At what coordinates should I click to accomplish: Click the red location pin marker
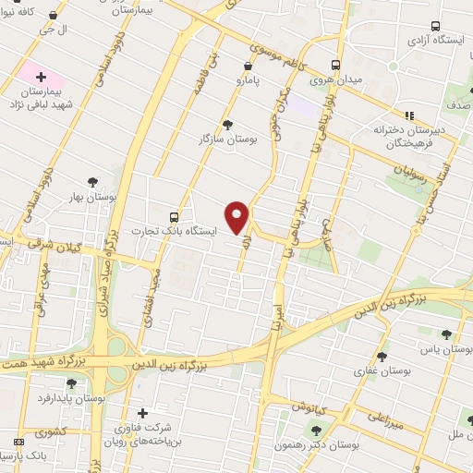(237, 217)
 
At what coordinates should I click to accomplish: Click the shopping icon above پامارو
(247, 67)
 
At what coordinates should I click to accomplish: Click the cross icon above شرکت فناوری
(140, 413)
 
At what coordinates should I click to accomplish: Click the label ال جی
(47, 30)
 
